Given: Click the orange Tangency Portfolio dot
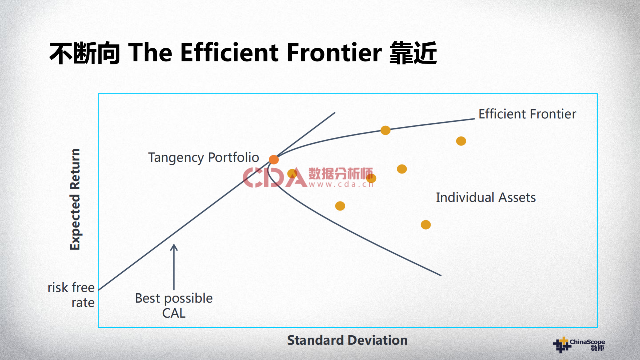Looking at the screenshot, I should pos(273,159).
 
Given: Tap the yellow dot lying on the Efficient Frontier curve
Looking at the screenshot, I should pos(385,130).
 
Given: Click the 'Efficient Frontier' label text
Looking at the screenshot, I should pos(527,114).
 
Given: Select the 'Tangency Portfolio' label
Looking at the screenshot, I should pos(203,157).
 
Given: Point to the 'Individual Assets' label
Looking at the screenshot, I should pos(486,198).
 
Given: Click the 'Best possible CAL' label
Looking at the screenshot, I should pos(174,306).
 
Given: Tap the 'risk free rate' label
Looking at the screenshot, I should pos(71,295).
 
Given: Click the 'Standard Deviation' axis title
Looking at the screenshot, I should pos(347,340).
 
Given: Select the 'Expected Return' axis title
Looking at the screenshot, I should pos(75,199).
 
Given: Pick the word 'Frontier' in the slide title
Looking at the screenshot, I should pos(334,53).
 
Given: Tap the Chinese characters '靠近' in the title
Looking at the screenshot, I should pos(413,53).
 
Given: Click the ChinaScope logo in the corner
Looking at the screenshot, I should pos(579,345).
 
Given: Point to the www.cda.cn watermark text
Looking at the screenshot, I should pos(341,184).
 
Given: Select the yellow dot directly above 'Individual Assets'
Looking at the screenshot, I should pos(461,141).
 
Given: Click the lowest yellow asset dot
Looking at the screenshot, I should pos(426,225).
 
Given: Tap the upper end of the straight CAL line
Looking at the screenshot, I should pos(335,113).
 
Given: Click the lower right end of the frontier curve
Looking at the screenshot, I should pos(441,275).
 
